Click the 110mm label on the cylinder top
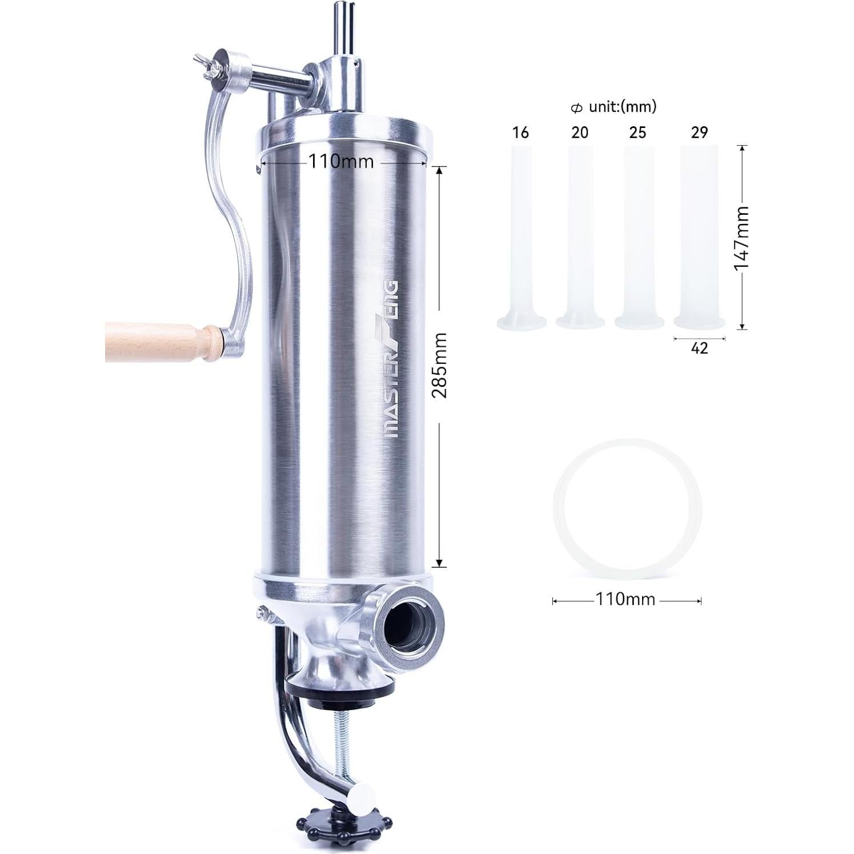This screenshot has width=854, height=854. (x=342, y=162)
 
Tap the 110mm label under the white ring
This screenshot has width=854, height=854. (x=626, y=600)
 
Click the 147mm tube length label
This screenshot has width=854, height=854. (x=741, y=238)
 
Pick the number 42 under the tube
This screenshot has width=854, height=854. (x=699, y=348)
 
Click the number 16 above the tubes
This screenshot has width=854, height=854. (x=520, y=133)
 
